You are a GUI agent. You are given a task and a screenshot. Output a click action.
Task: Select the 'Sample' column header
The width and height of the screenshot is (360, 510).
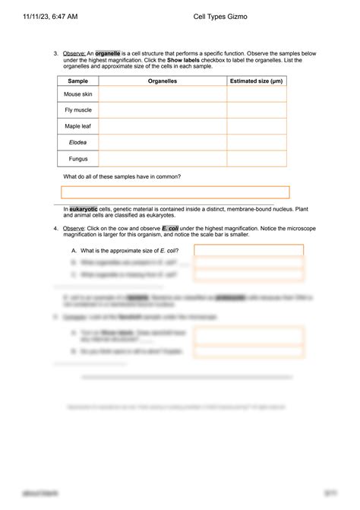(77, 80)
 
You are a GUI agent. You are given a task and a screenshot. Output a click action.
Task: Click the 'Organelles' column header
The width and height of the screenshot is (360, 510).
(162, 80)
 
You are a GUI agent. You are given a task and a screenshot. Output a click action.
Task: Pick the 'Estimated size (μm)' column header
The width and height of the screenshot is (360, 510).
(256, 80)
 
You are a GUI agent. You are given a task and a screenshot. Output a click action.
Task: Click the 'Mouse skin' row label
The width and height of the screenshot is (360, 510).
(77, 94)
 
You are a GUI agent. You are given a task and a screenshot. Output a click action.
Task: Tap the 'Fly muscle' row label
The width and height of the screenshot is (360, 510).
(77, 110)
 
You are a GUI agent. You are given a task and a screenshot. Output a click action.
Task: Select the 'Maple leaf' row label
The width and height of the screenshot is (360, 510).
(77, 126)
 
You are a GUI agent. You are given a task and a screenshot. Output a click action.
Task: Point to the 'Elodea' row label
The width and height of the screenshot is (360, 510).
(77, 143)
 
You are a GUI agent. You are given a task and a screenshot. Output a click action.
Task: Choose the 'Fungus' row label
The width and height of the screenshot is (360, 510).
(77, 159)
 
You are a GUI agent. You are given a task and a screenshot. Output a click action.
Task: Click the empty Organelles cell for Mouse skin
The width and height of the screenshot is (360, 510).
(162, 94)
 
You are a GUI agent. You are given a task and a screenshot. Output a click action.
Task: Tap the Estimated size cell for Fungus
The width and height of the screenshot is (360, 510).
(256, 159)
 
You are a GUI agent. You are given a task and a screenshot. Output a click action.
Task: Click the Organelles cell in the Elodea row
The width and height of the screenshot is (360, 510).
(162, 143)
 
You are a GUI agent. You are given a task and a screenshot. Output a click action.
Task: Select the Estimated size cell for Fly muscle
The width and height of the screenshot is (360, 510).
(256, 110)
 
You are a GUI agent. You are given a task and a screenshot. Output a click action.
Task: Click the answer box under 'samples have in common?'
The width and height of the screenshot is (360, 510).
(175, 192)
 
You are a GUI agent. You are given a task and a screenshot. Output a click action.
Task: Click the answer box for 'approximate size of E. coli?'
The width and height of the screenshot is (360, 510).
(248, 250)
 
